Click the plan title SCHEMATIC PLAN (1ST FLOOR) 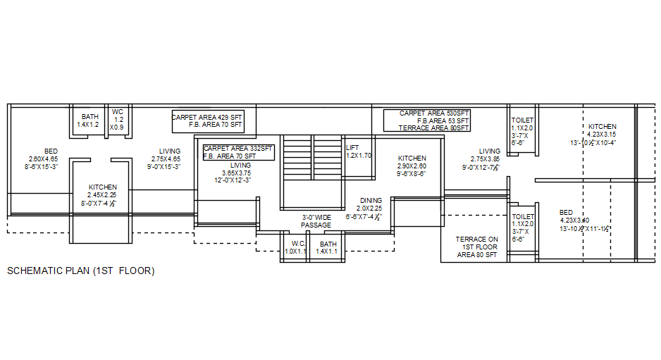tap(80, 271)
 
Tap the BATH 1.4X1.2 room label tap(89, 120)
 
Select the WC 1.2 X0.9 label tap(118, 120)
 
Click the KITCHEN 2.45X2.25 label tap(102, 195)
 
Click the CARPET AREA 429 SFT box tap(208, 120)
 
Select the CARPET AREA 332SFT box tap(238, 152)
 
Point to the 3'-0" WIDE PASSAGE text tap(316, 221)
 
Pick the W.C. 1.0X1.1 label tap(296, 247)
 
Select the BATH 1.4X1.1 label tap(327, 247)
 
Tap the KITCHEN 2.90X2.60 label tap(412, 166)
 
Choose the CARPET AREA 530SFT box tap(427, 120)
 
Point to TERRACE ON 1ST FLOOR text tap(476, 247)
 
